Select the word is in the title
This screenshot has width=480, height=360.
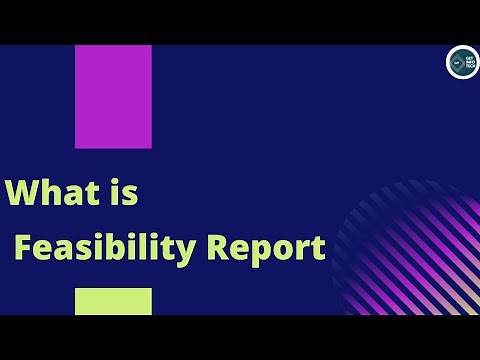pos(125,192)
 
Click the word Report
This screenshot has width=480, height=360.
pos(266,248)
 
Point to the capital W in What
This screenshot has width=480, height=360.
pos(23,193)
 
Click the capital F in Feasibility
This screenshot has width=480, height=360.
pos(23,247)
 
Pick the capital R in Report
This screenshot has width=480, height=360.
pos(217,247)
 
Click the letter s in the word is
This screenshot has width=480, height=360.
pos(132,194)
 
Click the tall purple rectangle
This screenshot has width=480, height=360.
pos(113,97)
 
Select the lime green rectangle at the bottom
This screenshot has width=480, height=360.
pos(113,301)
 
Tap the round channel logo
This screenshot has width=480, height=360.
pos(462,62)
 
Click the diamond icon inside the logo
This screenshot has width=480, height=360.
pos(456,62)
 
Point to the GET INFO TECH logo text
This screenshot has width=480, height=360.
pos(468,62)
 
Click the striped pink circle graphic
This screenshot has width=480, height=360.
pos(410,255)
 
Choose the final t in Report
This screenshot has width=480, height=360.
pos(318,248)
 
